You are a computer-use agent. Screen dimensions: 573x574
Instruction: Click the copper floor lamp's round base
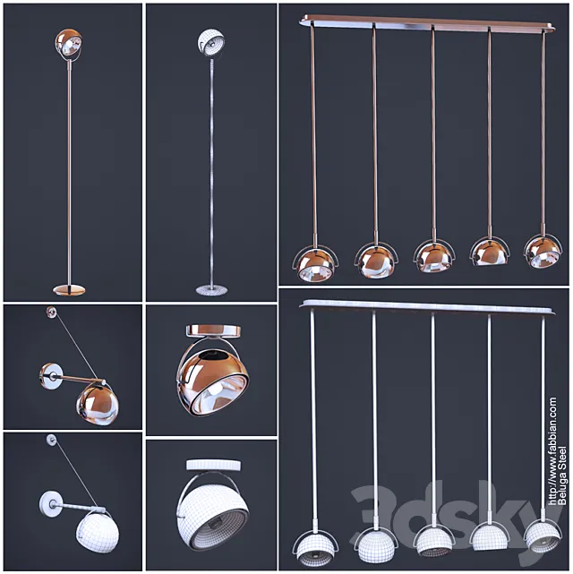click(69, 290)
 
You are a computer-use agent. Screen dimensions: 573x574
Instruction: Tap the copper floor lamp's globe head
click(69, 43)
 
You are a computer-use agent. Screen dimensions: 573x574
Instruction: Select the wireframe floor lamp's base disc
click(211, 290)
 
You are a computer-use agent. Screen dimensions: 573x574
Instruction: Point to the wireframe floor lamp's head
click(211, 42)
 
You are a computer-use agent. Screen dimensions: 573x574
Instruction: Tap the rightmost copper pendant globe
click(542, 252)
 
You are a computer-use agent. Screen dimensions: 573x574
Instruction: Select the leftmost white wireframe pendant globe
click(314, 550)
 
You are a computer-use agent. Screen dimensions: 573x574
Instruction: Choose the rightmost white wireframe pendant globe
click(542, 537)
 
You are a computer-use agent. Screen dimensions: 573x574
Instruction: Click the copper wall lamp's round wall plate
click(50, 376)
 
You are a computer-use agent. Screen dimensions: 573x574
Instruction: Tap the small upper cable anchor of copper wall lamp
click(51, 313)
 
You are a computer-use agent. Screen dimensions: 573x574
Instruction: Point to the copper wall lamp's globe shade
click(98, 406)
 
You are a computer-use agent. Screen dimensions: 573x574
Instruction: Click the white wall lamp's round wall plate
click(50, 504)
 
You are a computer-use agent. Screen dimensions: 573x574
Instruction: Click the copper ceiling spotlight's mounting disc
click(214, 330)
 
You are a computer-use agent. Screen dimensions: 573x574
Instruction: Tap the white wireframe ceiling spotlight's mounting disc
click(214, 466)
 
